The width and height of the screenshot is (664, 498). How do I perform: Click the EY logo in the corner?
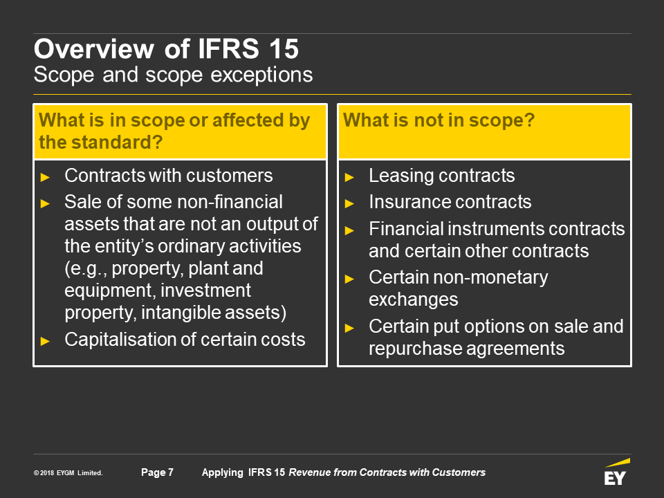616,472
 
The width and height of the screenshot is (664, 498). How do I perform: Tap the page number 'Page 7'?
157,472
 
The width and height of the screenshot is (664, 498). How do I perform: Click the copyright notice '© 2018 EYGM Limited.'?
68,473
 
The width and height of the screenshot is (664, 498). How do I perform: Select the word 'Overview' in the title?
94,48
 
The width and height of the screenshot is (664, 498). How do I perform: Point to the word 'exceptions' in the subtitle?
261,75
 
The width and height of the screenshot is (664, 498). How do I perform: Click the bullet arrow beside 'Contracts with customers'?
45,178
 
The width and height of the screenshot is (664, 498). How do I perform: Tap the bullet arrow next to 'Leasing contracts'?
349,178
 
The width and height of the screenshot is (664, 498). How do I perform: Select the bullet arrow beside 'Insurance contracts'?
349,204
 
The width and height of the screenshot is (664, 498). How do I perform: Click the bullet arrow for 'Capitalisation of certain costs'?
45,341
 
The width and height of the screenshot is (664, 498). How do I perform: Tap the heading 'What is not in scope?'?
439,120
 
